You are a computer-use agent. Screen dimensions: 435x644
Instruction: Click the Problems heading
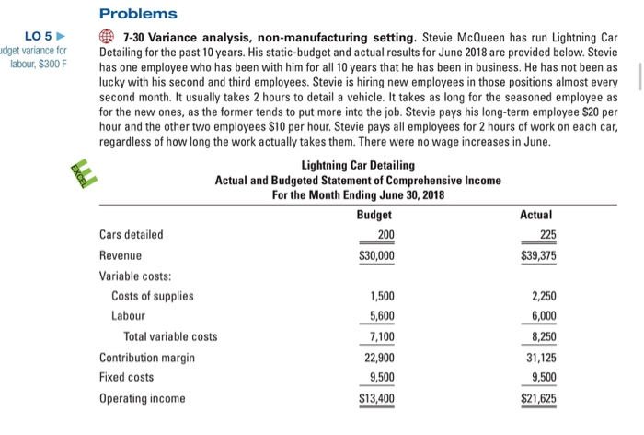pyautogui.click(x=138, y=15)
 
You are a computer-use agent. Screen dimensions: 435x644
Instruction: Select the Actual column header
pyautogui.click(x=536, y=215)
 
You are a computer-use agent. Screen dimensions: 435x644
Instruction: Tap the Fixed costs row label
pyautogui.click(x=127, y=378)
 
